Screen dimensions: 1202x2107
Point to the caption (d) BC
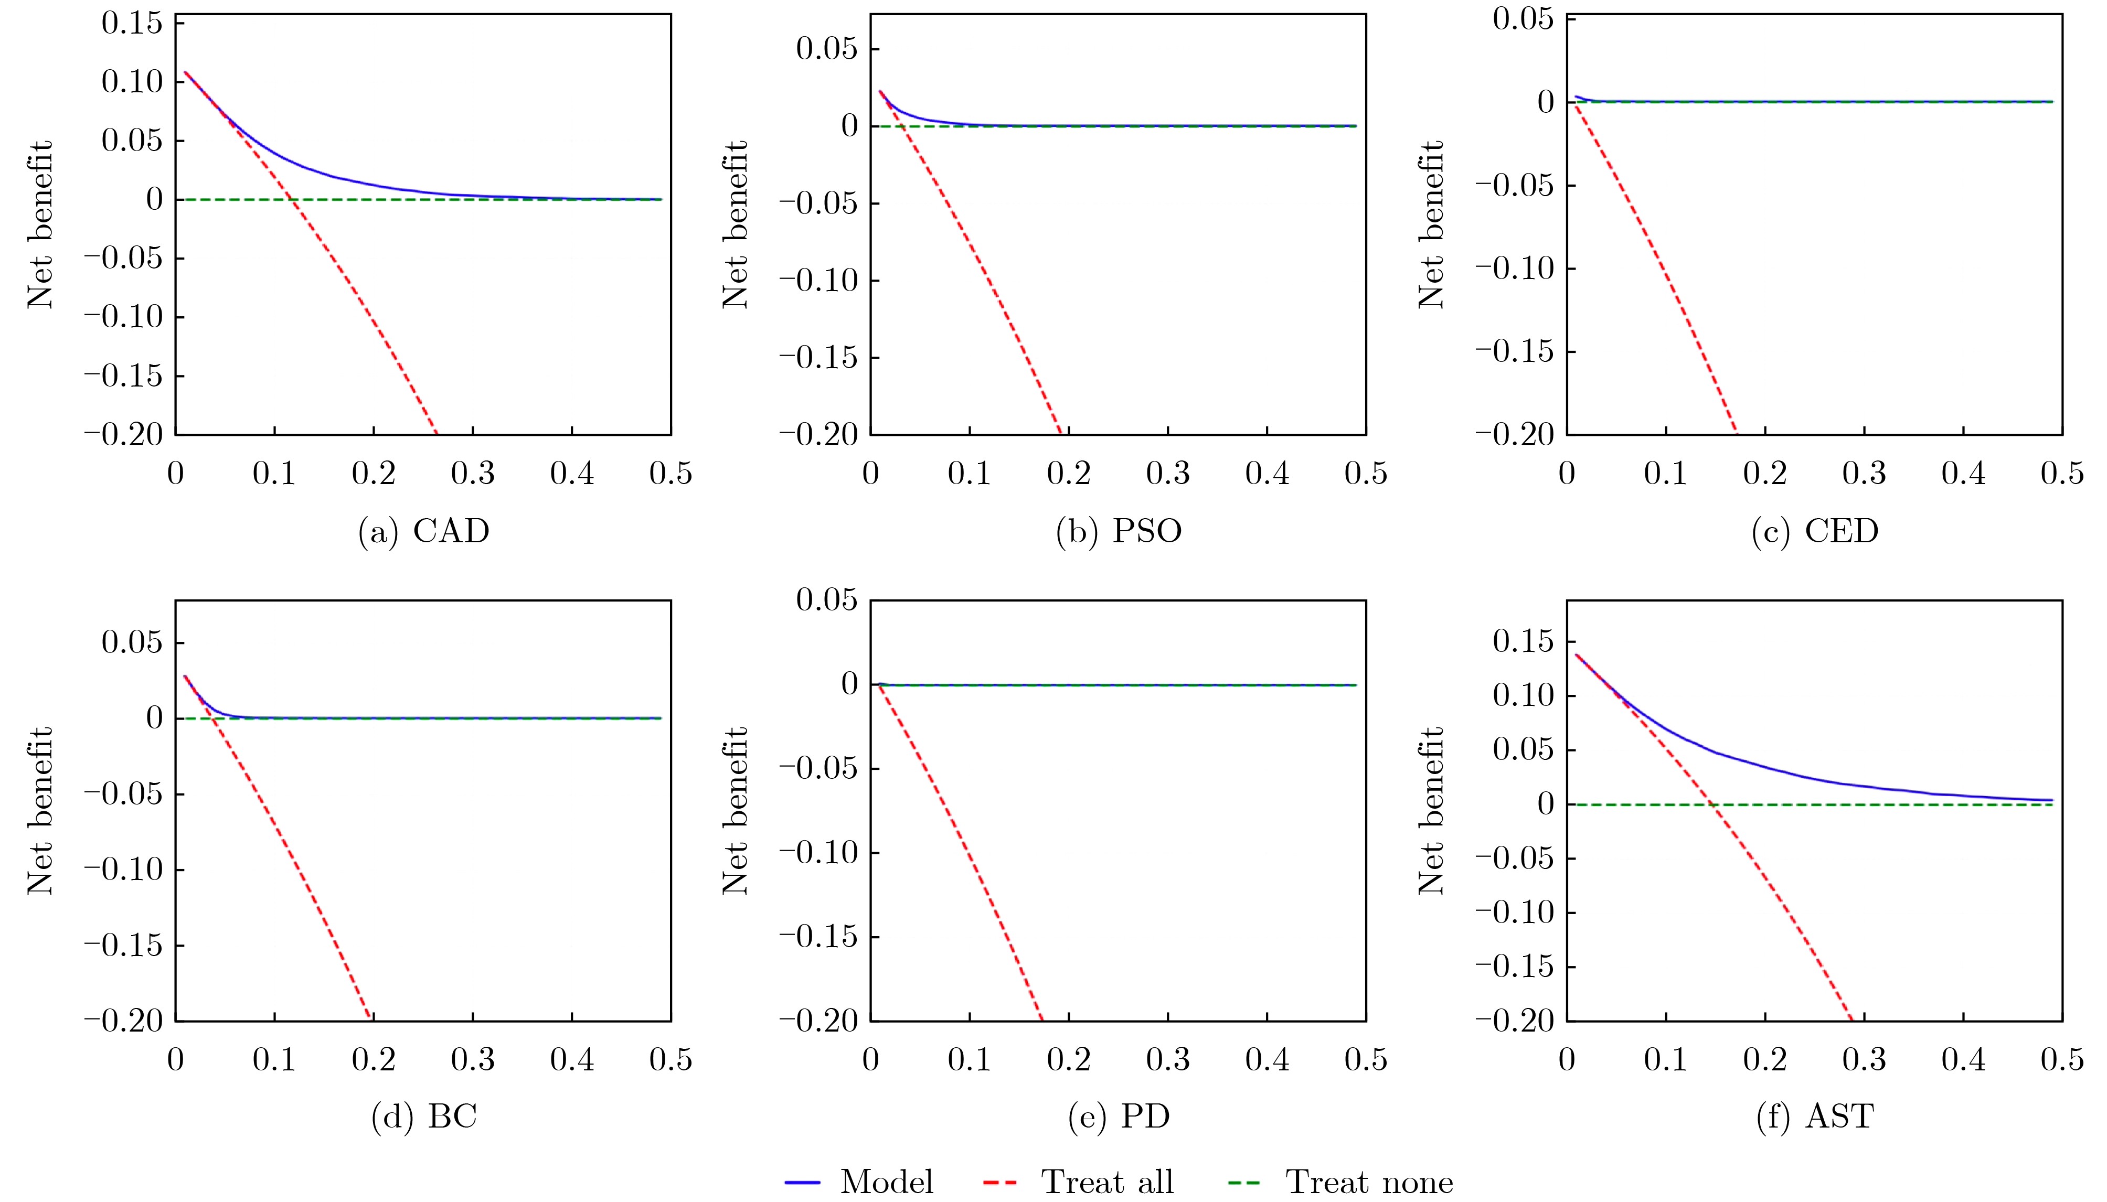click(x=423, y=1117)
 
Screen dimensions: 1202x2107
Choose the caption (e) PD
click(x=1119, y=1117)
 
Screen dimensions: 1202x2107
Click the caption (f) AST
click(x=1815, y=1117)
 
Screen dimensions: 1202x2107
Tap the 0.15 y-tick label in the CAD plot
click(x=132, y=23)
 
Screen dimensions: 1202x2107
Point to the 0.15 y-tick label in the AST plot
click(x=1523, y=641)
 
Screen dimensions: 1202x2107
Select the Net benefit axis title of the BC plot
click(x=40, y=811)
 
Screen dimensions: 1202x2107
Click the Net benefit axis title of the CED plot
click(x=1431, y=224)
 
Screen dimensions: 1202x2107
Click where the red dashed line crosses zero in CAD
click(x=292, y=199)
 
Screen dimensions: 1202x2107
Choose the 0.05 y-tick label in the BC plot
click(x=132, y=642)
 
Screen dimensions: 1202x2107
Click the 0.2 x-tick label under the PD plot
click(x=1068, y=1060)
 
